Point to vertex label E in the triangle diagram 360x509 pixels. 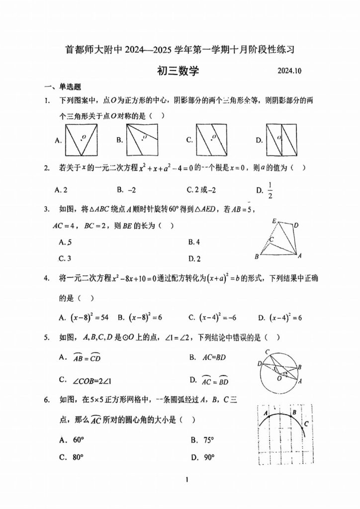tap(273, 221)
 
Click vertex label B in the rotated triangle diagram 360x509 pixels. tap(256, 256)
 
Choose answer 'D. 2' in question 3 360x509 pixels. tap(194, 258)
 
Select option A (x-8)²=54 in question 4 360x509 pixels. tap(85, 317)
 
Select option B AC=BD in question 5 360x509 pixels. tap(207, 357)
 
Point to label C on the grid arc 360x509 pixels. tap(306, 424)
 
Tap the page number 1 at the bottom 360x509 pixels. tap(185, 480)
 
